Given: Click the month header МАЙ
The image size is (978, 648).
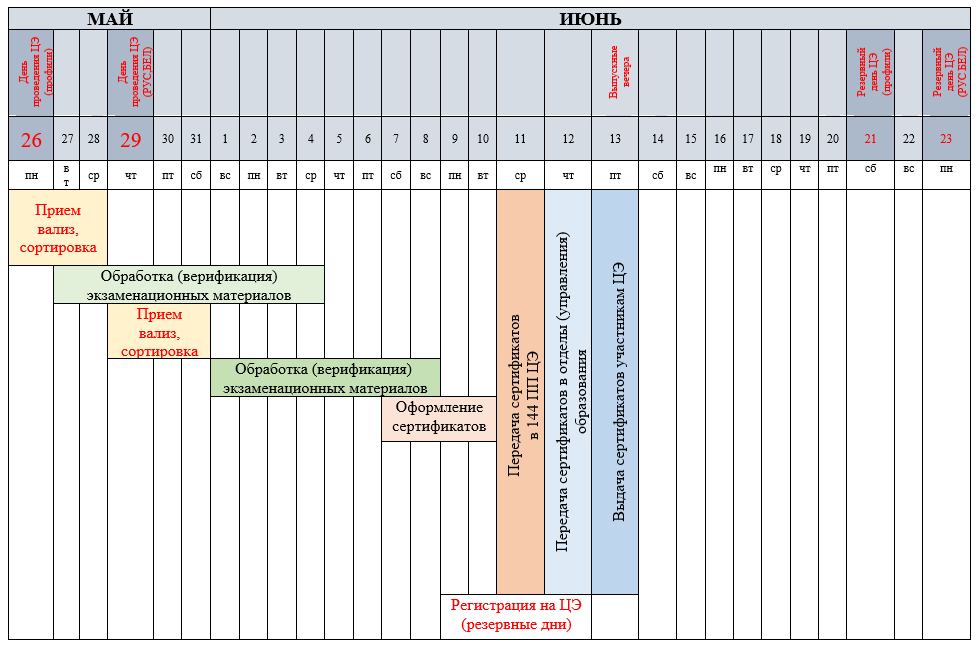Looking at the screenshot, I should pos(109,18).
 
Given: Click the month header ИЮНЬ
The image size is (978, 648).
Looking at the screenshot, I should pos(591,18).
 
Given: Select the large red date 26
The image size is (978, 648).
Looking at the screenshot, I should pos(31,139).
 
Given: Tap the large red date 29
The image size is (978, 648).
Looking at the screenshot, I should pos(131,139).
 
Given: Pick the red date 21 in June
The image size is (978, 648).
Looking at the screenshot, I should pos(870,139).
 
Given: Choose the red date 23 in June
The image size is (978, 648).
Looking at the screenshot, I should pos(946,139).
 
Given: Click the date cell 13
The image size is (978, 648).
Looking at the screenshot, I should pos(615,139).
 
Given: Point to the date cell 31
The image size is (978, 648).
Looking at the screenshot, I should pos(196,139).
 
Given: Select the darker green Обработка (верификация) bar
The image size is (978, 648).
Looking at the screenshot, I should pos(324,377).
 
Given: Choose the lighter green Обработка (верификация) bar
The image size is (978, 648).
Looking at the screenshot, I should pos(188,284).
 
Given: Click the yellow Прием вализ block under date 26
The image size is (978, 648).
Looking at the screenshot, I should pos(57,228).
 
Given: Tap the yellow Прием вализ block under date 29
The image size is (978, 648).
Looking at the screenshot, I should pos(159,331).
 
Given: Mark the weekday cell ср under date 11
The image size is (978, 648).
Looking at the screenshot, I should pos(520,175).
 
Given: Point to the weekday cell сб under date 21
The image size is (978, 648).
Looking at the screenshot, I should pos(870,175).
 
